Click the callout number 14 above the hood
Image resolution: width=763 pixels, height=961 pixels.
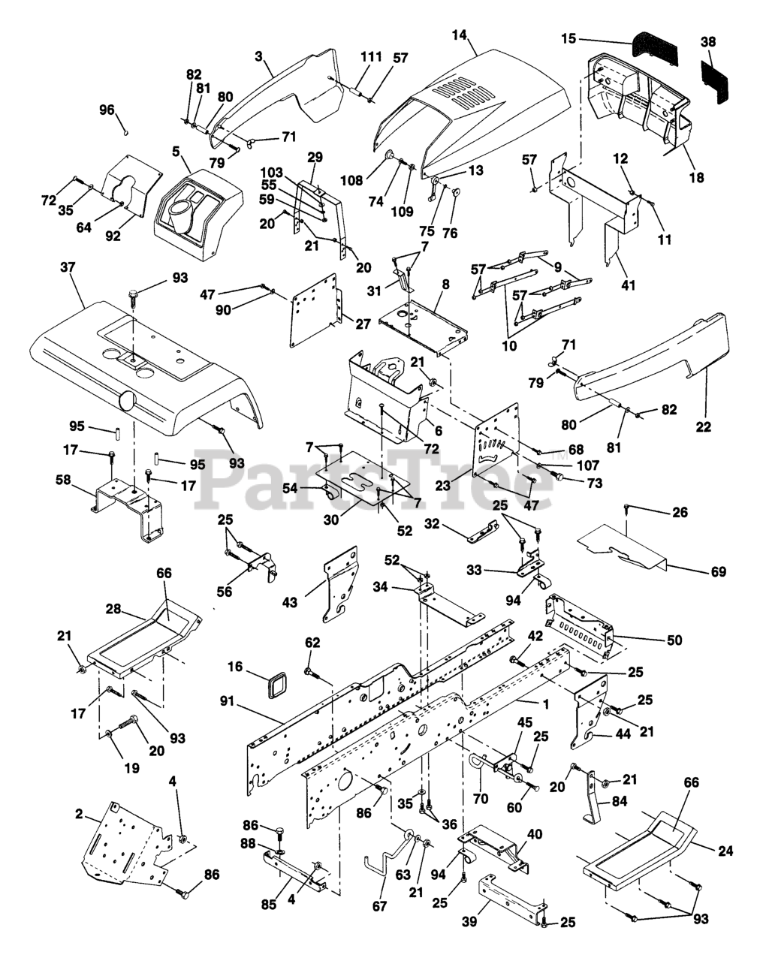coord(460,34)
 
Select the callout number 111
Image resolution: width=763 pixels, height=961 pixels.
coord(371,57)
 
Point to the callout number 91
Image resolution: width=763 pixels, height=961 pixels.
coord(228,701)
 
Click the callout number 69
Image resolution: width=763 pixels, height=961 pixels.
coord(718,571)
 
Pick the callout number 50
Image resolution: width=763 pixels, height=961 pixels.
coord(674,640)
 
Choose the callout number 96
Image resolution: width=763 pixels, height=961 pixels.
coord(107,110)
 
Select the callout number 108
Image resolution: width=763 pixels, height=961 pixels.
coord(351,180)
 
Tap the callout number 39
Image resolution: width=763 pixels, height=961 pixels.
coord(469,922)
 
